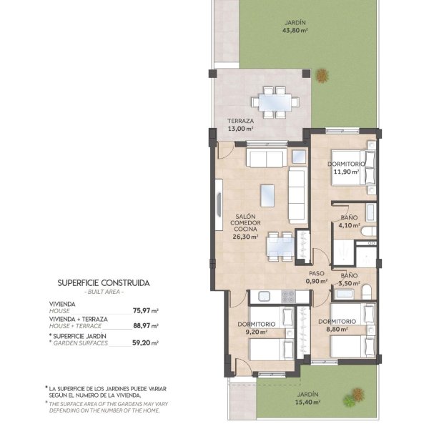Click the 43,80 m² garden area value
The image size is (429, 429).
click(295, 30)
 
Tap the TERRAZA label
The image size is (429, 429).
click(240, 121)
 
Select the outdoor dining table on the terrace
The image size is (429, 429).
click(275, 102)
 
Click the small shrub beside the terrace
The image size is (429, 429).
click(322, 75)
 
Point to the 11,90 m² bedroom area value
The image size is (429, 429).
click(346, 172)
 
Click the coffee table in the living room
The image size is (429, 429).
click(267, 196)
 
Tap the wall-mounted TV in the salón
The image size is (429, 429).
click(219, 205)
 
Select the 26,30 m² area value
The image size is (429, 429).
click(245, 237)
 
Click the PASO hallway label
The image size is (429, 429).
click(317, 273)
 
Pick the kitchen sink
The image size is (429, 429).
click(265, 297)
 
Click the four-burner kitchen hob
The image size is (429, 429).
click(288, 297)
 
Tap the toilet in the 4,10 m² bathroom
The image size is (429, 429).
click(368, 232)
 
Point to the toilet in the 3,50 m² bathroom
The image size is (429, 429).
click(367, 292)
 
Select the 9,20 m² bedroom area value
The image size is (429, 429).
click(257, 332)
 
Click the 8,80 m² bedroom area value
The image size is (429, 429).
click(337, 329)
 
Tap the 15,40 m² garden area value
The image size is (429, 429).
click(307, 402)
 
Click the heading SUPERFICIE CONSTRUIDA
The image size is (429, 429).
click(104, 283)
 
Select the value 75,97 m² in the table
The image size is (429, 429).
click(146, 311)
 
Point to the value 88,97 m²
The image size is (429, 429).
click(146, 326)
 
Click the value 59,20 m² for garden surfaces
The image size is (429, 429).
click(146, 342)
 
